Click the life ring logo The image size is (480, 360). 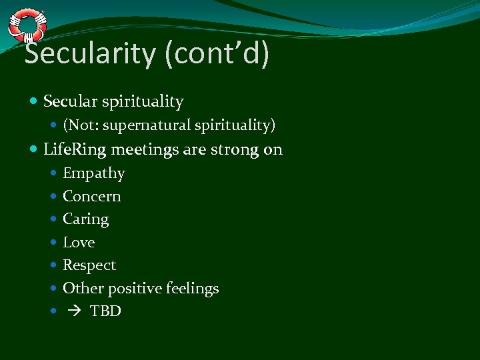[27, 25]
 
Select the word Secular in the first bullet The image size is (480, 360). [70, 102]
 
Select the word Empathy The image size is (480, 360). [93, 174]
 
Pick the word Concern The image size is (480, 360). [91, 197]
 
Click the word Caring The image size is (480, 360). [85, 219]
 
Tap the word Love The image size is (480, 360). [79, 243]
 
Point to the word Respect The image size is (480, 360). [89, 265]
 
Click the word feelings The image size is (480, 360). [193, 289]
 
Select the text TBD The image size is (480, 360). [105, 311]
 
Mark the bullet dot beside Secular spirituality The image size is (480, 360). [34, 102]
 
